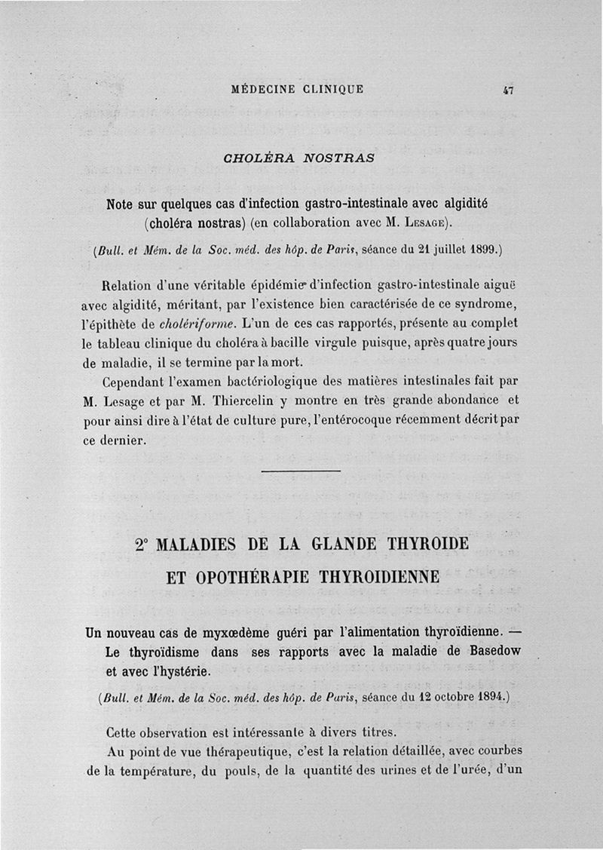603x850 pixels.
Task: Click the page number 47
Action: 507,90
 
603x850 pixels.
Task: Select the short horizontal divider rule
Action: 300,471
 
